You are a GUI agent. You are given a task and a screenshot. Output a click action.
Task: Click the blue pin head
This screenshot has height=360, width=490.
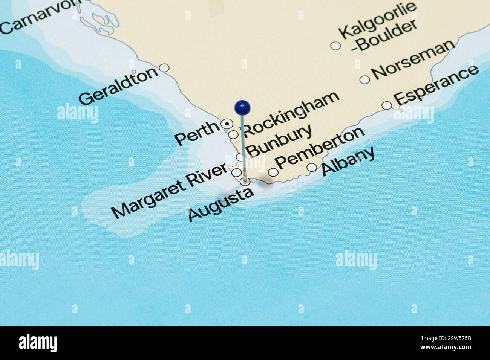pos(242,107)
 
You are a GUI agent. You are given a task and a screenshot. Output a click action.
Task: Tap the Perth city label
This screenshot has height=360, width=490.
pos(197,134)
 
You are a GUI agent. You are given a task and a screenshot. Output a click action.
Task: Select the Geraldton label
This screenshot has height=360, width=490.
pos(118,86)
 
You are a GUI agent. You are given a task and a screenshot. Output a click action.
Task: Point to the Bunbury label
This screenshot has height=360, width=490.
pos(280,140)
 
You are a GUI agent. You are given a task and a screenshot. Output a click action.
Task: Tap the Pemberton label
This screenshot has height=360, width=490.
pos(320,148)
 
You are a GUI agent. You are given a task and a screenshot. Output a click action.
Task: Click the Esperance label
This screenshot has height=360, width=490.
pos(436,85)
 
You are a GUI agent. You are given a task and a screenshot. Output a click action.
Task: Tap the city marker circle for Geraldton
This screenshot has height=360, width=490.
pos(164,68)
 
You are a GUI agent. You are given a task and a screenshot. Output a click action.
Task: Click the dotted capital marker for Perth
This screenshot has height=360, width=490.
pos(226,123)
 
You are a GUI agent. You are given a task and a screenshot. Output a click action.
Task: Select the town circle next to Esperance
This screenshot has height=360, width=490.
pos(387,105)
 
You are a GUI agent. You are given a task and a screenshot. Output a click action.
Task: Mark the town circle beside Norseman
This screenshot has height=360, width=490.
pos(364,79)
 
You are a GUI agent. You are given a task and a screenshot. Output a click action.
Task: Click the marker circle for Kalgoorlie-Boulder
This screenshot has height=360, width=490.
pos(335,46)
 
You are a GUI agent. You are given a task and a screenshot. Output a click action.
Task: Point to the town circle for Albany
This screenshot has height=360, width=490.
pos(312,167)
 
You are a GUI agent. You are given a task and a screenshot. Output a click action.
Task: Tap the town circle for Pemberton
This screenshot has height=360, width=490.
pos(273,172)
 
